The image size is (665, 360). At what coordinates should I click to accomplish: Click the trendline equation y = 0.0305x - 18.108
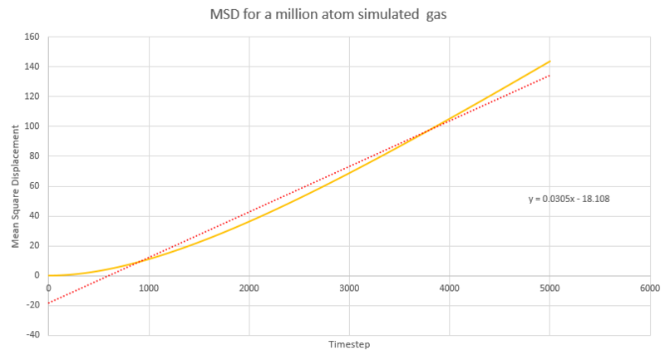(569, 200)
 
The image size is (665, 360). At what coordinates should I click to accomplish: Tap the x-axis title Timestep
(348, 343)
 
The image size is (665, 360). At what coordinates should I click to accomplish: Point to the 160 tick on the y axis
(33, 37)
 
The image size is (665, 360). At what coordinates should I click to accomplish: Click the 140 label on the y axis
(33, 67)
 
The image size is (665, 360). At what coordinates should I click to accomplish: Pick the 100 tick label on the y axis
(33, 126)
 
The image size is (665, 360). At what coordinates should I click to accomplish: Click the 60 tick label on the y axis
(36, 186)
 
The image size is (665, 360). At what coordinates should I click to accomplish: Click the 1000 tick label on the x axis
(149, 288)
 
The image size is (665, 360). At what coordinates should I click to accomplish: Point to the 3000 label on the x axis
(349, 288)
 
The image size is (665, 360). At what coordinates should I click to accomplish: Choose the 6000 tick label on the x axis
(649, 288)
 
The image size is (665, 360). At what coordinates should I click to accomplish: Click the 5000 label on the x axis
(549, 288)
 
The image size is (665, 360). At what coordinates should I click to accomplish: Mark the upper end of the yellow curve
(549, 61)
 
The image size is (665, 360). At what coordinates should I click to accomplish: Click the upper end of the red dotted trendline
(549, 76)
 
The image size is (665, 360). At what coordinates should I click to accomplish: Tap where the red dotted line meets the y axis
(49, 303)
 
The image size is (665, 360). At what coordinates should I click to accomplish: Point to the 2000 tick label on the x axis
(249, 288)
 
